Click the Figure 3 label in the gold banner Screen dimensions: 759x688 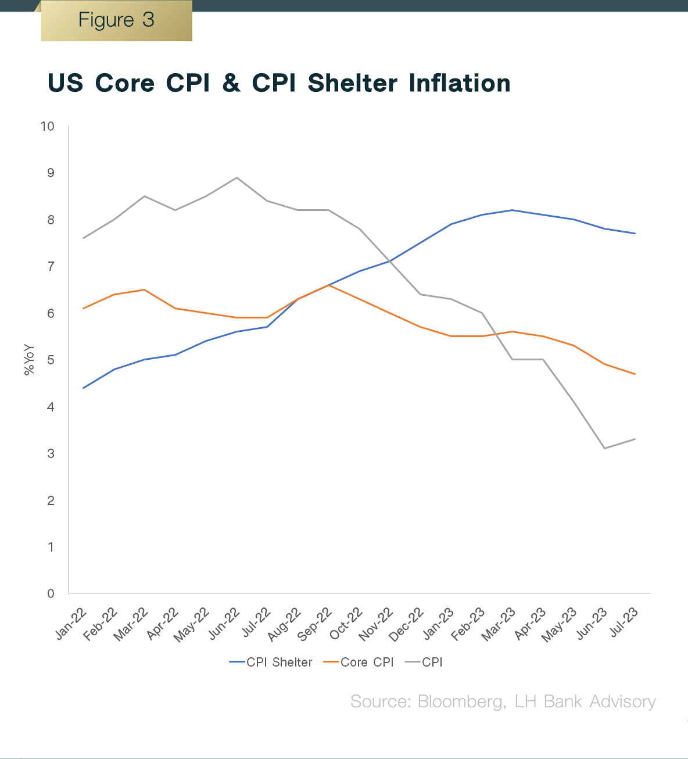click(x=116, y=20)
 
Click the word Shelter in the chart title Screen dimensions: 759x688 click(x=352, y=83)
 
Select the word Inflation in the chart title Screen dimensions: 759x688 click(x=459, y=83)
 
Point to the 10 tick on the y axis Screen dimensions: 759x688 click(x=48, y=127)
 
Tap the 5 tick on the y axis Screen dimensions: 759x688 click(x=51, y=360)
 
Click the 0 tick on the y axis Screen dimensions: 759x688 click(x=51, y=593)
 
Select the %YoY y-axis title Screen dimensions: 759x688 click(x=29, y=360)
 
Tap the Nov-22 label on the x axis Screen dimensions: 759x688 click(x=377, y=625)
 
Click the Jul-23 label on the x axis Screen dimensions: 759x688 click(x=624, y=622)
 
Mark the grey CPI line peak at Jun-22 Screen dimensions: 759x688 click(x=236, y=177)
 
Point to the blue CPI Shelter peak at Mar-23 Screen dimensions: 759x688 click(x=513, y=210)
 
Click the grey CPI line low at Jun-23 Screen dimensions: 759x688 click(x=605, y=448)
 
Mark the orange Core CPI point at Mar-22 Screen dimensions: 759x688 click(x=144, y=289)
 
